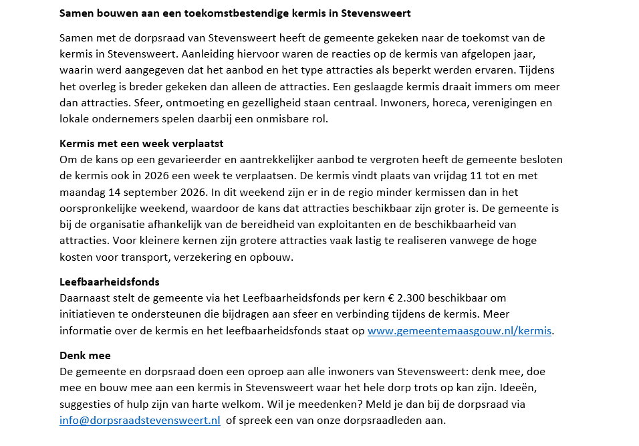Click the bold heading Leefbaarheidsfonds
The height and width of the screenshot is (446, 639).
click(110, 282)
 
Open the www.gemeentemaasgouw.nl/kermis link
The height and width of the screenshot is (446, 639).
click(461, 330)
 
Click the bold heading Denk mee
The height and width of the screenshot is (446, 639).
click(85, 355)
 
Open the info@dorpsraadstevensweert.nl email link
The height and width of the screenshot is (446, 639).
click(140, 420)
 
